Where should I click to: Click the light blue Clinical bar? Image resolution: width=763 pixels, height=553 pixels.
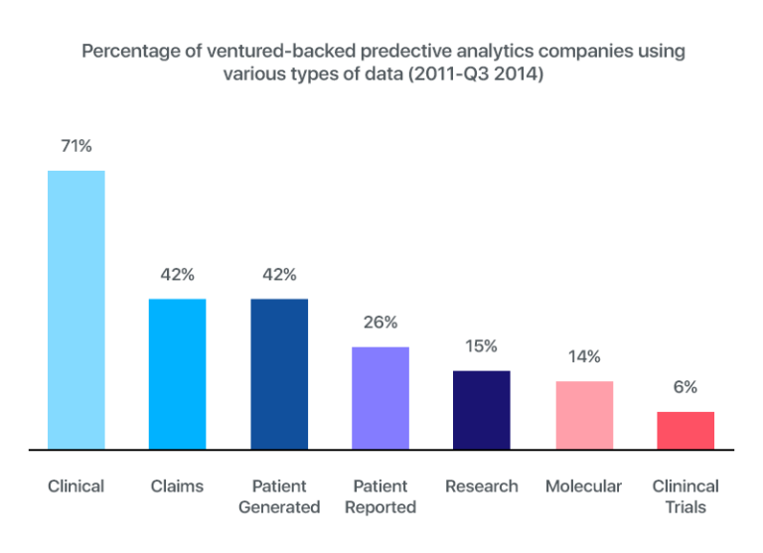pyautogui.click(x=76, y=310)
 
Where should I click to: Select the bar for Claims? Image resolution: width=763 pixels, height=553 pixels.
pyautogui.click(x=178, y=373)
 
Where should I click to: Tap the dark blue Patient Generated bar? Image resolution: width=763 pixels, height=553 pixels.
pyautogui.click(x=279, y=373)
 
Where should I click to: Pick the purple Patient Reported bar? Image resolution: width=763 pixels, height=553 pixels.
pyautogui.click(x=381, y=397)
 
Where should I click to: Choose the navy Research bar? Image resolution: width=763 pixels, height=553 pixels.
pyautogui.click(x=482, y=409)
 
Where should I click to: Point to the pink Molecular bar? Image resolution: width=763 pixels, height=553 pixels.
pyautogui.click(x=584, y=414)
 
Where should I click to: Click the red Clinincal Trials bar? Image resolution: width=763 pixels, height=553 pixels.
pyautogui.click(x=686, y=430)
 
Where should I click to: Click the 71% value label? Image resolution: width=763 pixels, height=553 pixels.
pyautogui.click(x=76, y=146)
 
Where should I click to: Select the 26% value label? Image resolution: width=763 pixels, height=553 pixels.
pyautogui.click(x=381, y=323)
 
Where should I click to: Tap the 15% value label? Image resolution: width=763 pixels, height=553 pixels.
pyautogui.click(x=482, y=346)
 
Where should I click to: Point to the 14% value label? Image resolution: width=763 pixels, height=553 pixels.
pyautogui.click(x=584, y=356)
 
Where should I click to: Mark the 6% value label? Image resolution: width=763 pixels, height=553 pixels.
pyautogui.click(x=686, y=387)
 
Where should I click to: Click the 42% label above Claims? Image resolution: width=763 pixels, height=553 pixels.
pyautogui.click(x=178, y=275)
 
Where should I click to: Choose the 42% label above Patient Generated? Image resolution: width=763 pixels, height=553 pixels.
pyautogui.click(x=279, y=275)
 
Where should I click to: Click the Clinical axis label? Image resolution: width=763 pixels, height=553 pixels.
pyautogui.click(x=76, y=486)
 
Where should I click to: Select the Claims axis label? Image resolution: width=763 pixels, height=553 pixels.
pyautogui.click(x=178, y=486)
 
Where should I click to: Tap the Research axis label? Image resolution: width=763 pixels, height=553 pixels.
pyautogui.click(x=482, y=486)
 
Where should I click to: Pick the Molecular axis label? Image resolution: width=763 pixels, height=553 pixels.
pyautogui.click(x=584, y=486)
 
